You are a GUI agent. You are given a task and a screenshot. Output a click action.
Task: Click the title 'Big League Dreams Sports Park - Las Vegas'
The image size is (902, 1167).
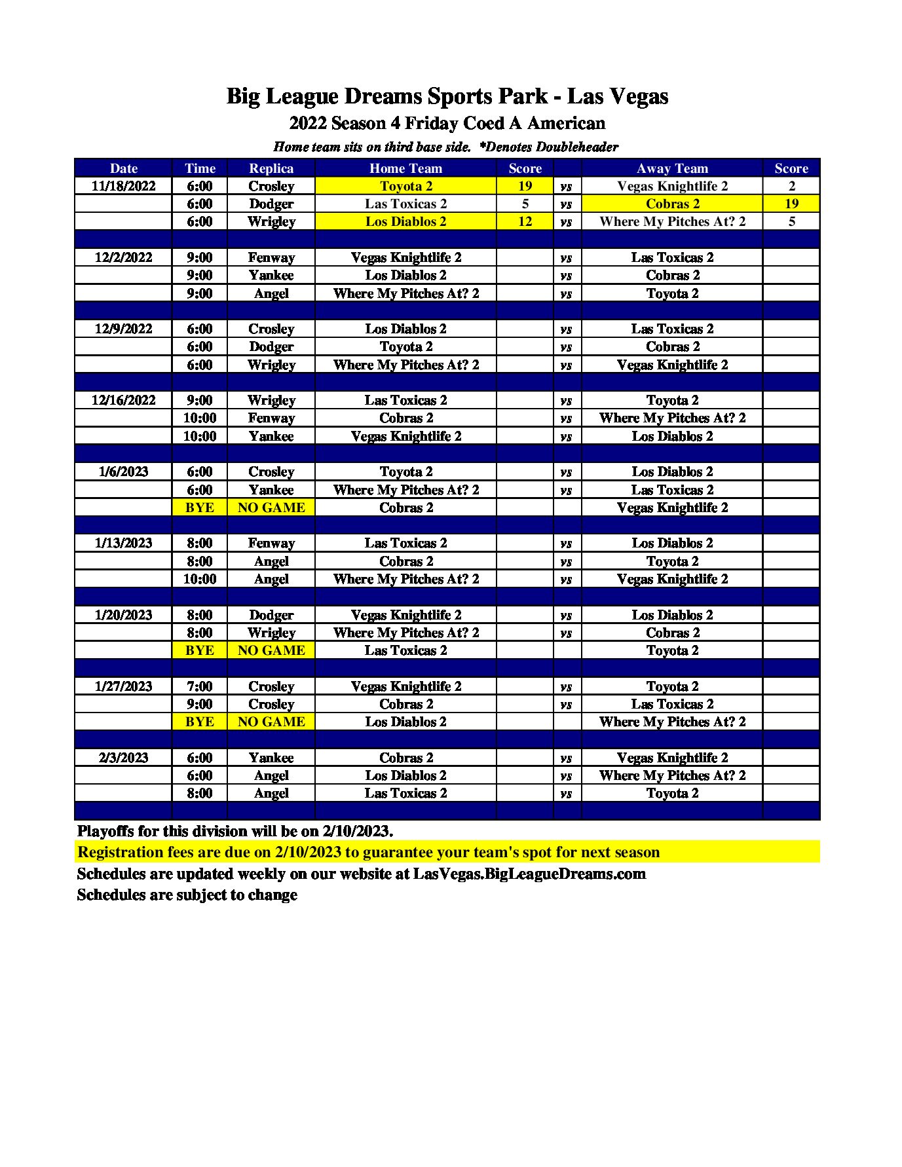(447, 96)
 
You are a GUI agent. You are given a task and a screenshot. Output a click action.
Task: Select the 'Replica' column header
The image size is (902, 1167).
(271, 168)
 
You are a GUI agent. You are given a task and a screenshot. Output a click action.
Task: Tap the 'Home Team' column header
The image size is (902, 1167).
(405, 168)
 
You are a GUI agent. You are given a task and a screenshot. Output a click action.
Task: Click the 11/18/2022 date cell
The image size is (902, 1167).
(123, 186)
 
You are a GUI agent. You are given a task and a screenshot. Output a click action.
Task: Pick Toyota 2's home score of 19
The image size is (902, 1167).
(525, 186)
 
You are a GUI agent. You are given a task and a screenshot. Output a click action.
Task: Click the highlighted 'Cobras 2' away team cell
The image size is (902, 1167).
(672, 204)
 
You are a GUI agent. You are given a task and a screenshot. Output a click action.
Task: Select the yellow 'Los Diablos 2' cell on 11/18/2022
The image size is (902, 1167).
(405, 221)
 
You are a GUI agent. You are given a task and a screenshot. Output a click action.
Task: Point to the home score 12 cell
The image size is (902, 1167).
(525, 221)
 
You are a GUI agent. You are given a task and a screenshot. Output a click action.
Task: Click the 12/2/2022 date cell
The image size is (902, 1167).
(123, 257)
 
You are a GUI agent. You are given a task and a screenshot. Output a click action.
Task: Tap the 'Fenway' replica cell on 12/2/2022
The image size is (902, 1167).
(271, 257)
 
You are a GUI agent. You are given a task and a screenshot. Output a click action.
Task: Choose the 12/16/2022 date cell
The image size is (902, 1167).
(123, 400)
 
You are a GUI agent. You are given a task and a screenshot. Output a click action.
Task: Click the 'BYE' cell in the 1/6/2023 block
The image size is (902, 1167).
(200, 508)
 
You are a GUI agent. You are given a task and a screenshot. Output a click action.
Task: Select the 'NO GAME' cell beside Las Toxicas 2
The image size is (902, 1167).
(271, 650)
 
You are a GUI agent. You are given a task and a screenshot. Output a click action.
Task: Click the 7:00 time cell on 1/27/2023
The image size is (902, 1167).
(200, 686)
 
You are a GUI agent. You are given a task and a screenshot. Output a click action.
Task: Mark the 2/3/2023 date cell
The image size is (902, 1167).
(123, 758)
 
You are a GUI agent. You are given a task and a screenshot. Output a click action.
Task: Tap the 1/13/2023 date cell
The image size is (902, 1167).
(123, 543)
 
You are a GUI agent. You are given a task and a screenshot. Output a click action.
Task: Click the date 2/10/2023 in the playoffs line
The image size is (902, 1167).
(356, 831)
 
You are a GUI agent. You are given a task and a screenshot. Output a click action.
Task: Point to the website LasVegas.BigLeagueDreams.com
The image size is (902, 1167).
(529, 874)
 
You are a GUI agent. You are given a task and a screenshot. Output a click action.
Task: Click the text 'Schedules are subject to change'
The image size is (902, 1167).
(187, 895)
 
